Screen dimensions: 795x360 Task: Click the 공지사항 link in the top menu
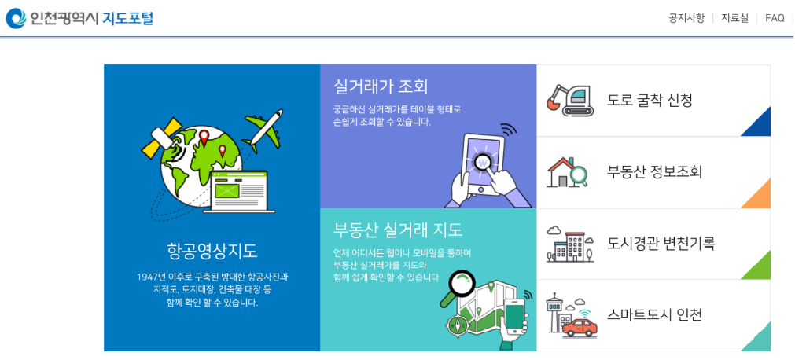pos(686,18)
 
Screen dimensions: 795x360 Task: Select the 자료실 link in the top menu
pos(734,18)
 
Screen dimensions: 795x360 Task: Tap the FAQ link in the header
pos(775,18)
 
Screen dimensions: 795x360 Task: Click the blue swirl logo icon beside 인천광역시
pos(16,18)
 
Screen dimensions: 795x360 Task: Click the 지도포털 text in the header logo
pos(128,18)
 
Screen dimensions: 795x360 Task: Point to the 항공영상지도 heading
pos(212,251)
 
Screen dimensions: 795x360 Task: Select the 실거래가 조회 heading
pos(381,86)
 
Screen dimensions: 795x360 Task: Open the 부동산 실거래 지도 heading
pos(398,230)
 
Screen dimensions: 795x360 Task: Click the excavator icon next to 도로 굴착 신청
pos(570,101)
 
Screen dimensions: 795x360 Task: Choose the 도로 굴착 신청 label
pos(650,101)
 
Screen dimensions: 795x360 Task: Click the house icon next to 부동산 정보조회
pos(565,172)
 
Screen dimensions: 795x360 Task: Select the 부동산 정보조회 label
pos(654,172)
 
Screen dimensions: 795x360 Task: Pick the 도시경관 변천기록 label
pos(661,244)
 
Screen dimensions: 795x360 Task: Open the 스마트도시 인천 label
pos(654,315)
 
